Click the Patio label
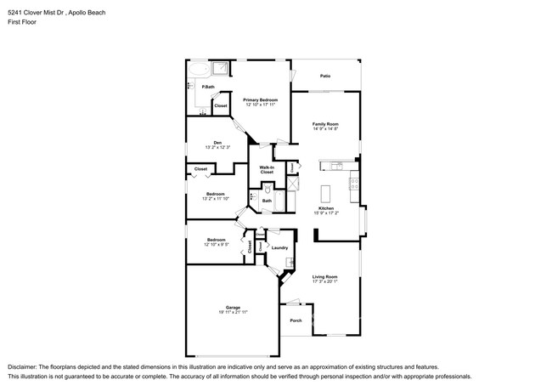coord(325,76)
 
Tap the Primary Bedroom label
coord(261,100)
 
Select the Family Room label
coord(325,124)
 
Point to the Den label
coord(217,143)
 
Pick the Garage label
coord(233,308)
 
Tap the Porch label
coord(296,320)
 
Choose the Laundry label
coord(279,247)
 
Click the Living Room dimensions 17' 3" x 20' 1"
coord(325,281)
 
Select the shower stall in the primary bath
coord(222,70)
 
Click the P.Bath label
coord(207,87)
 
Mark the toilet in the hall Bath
coord(253,197)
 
